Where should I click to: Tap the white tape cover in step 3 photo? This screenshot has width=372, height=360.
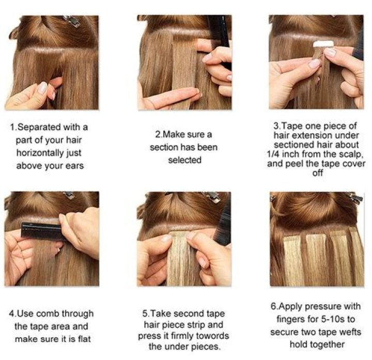pyautogui.click(x=323, y=44)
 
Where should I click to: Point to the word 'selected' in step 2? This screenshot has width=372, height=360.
pyautogui.click(x=185, y=160)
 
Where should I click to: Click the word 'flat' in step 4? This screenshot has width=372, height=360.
pyautogui.click(x=84, y=339)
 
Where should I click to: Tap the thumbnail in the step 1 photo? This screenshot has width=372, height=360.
pyautogui.click(x=43, y=87)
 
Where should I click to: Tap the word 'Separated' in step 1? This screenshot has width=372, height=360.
pyautogui.click(x=39, y=128)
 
